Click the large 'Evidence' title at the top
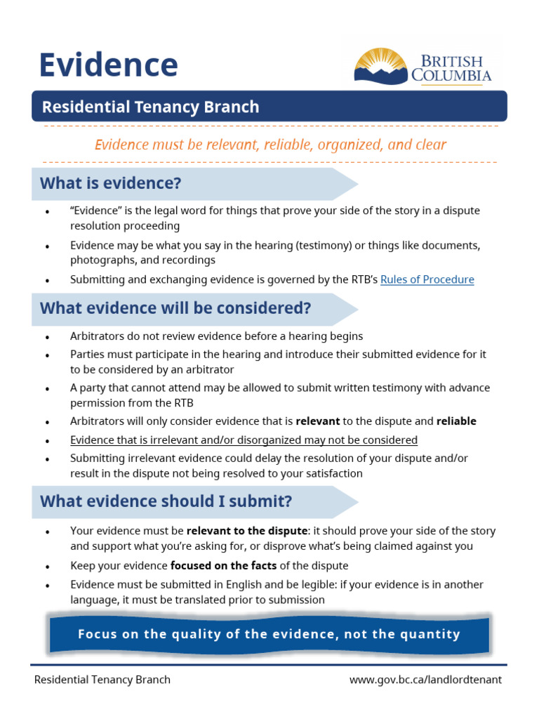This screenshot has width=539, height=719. pyautogui.click(x=108, y=65)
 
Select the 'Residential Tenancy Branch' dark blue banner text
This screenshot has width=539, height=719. pyautogui.click(x=150, y=107)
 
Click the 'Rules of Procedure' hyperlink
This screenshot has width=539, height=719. pyautogui.click(x=427, y=279)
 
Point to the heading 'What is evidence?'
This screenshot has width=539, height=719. pyautogui.click(x=110, y=183)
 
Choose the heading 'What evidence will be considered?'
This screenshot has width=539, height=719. pyautogui.click(x=175, y=308)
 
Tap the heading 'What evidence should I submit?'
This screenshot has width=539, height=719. pyautogui.click(x=166, y=501)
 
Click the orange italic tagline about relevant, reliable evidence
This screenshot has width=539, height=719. pyautogui.click(x=270, y=145)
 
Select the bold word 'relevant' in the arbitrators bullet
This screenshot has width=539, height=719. pyautogui.click(x=318, y=421)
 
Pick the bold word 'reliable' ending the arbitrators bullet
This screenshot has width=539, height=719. pyautogui.click(x=456, y=421)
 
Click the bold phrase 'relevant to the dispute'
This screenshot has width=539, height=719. pyautogui.click(x=247, y=531)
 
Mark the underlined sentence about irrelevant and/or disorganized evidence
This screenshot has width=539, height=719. pyautogui.click(x=244, y=440)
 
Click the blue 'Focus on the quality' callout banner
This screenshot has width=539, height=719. pyautogui.click(x=269, y=635)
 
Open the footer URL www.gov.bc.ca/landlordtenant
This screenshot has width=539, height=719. pyautogui.click(x=425, y=680)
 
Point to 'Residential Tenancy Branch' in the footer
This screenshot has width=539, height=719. pyautogui.click(x=102, y=680)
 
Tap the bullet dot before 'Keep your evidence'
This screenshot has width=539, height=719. pyautogui.click(x=47, y=567)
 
